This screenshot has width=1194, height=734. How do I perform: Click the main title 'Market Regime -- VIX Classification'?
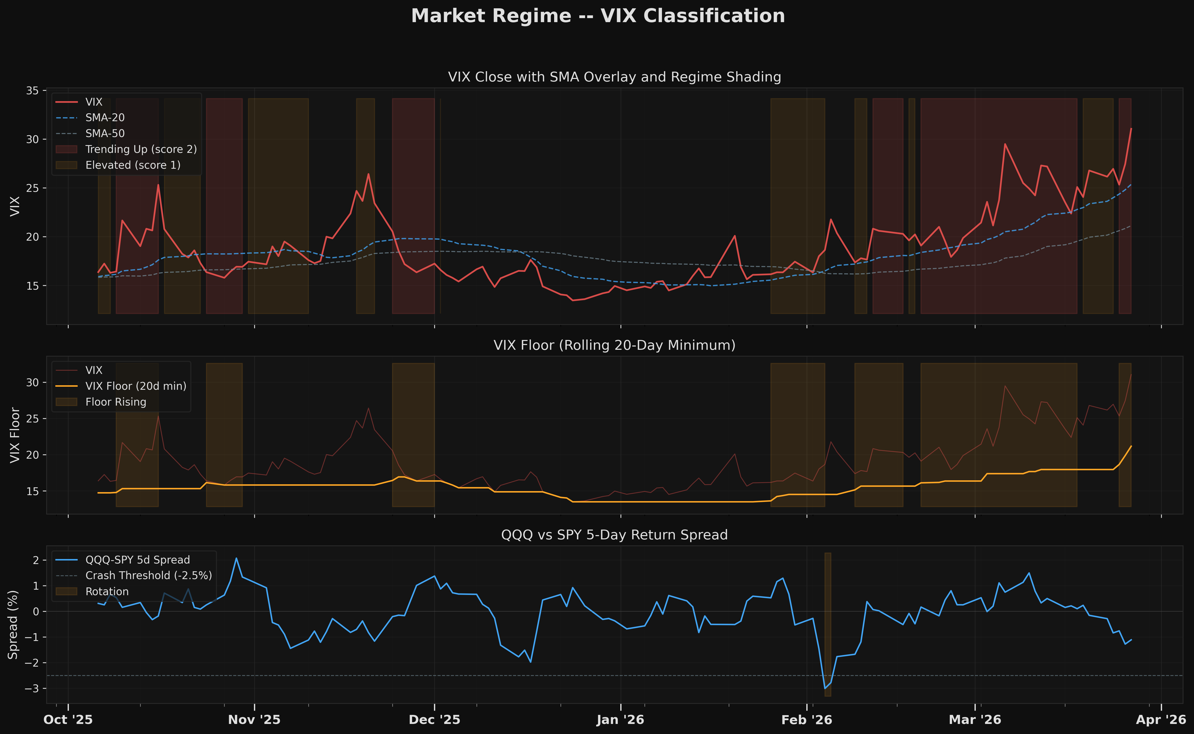pyautogui.click(x=597, y=16)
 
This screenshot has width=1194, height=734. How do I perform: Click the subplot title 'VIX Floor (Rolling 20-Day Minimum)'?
pyautogui.click(x=614, y=345)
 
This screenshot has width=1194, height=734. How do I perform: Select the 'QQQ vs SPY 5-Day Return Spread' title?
pyautogui.click(x=614, y=535)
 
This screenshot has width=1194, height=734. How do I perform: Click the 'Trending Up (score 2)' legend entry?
pyautogui.click(x=141, y=149)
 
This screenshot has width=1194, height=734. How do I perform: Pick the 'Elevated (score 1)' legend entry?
pyautogui.click(x=132, y=165)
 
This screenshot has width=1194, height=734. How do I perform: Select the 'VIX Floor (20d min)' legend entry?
pyautogui.click(x=136, y=386)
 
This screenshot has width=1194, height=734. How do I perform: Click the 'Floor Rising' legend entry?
pyautogui.click(x=115, y=402)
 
